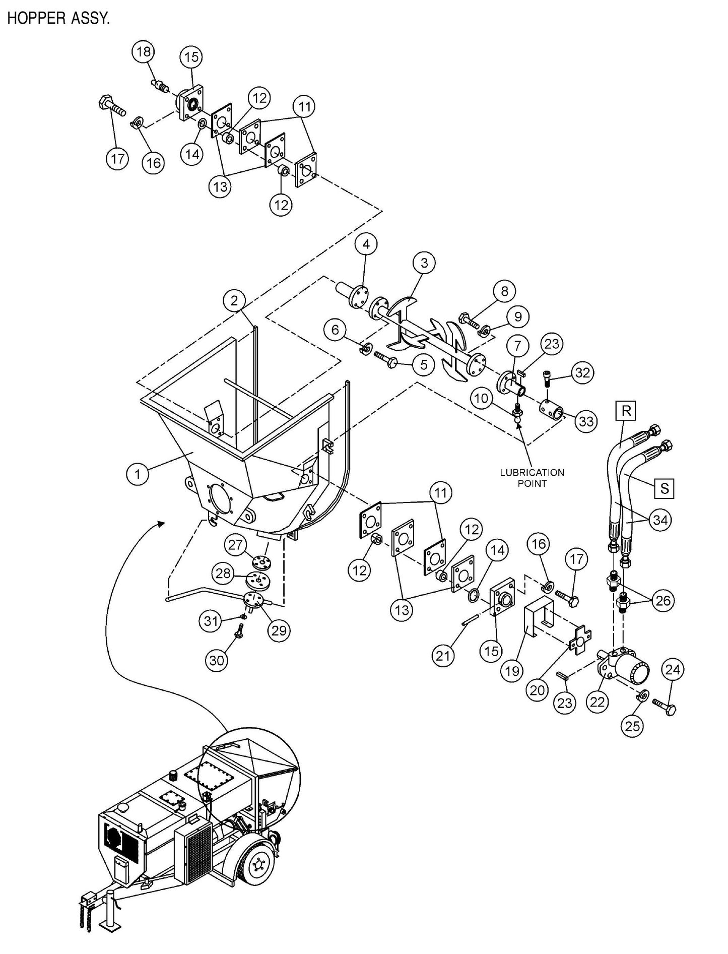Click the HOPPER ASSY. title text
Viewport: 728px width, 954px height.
click(58, 19)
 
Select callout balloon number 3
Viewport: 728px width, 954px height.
click(424, 263)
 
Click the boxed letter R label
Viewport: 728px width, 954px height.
click(626, 411)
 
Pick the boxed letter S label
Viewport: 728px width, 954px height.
click(665, 488)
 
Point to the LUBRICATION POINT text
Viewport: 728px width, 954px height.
click(532, 478)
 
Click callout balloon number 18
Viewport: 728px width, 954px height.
click(144, 52)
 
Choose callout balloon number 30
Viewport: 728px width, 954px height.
click(217, 660)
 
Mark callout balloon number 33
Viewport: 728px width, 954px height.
click(586, 420)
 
